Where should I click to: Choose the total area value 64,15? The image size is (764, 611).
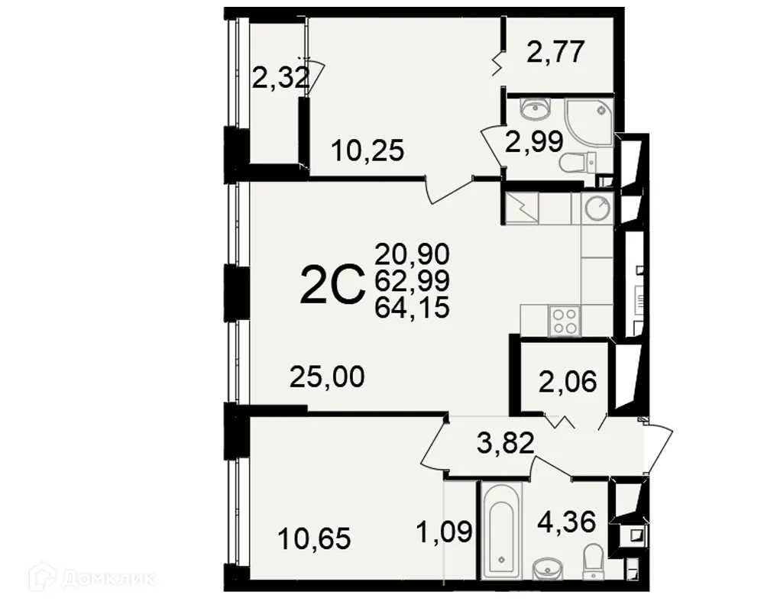tap(413, 307)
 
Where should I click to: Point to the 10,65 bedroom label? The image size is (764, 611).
tap(314, 538)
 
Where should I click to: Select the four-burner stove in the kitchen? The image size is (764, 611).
tap(565, 319)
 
